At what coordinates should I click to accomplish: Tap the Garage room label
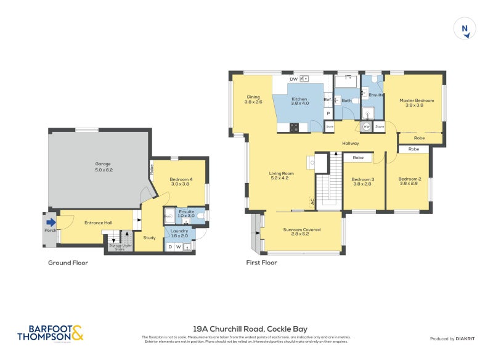coord(102,166)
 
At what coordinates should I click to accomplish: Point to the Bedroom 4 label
coord(181,181)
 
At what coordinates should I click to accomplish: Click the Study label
coord(149,237)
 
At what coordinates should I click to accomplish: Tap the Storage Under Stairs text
coord(120,247)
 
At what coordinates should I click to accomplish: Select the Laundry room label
coord(179,233)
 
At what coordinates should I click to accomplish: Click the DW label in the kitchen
coord(293,80)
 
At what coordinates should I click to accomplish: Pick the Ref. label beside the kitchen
coord(327,100)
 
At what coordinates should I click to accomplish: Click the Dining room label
coord(253,99)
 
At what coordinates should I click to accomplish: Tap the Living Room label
coord(281,176)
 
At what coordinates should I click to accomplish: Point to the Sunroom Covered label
coord(301,232)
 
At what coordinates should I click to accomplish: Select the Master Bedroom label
coord(416,102)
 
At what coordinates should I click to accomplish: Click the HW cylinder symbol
coord(366,126)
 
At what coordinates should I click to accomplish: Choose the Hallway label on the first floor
coord(351,143)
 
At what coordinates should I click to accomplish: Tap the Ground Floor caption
coord(68,263)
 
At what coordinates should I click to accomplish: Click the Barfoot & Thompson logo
coord(50,333)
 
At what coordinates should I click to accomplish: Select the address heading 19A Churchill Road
coord(250,329)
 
